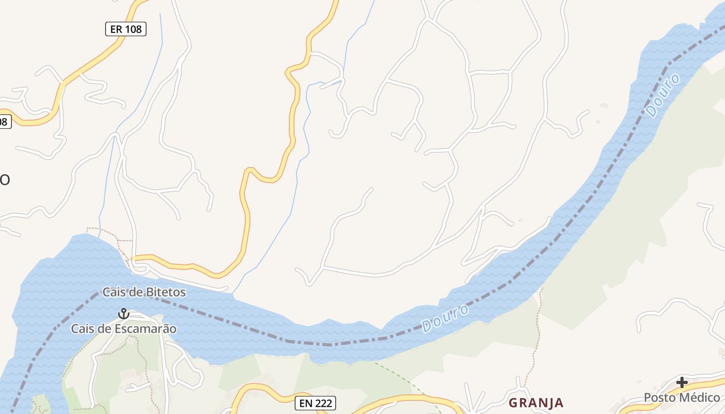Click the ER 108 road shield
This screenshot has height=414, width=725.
tap(126, 29)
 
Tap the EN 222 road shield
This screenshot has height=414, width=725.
tap(315, 403)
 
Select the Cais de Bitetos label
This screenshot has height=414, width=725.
tap(144, 292)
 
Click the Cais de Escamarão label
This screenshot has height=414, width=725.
tap(124, 329)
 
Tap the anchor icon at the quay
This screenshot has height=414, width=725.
tap(123, 313)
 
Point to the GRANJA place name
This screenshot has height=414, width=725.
tap(535, 403)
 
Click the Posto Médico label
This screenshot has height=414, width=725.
tap(682, 397)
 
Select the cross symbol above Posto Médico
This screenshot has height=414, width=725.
tap(682, 382)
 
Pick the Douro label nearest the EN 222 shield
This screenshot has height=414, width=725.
tap(445, 318)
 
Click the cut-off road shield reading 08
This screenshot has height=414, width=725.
tap(4, 122)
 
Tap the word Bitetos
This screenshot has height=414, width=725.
tap(166, 292)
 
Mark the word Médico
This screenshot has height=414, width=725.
tap(700, 397)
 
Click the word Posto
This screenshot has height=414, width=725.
tap(659, 397)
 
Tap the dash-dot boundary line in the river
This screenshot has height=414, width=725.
tap(311, 343)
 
